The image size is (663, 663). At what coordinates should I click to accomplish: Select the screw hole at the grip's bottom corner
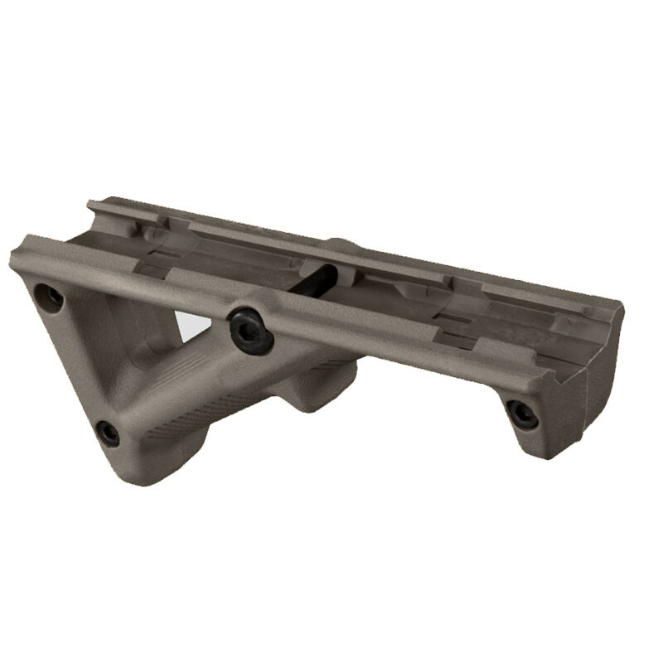coord(108,431)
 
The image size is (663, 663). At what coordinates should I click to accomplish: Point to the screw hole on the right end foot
coord(522,414)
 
